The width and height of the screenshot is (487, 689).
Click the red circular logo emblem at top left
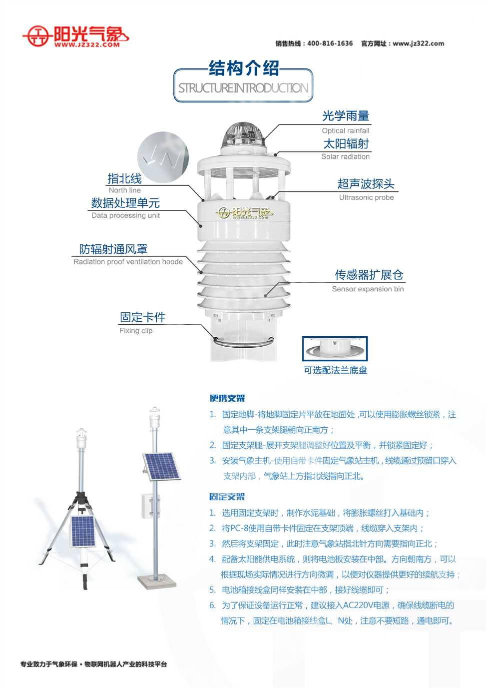(37, 36)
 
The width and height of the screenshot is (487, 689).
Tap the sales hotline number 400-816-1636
(330, 43)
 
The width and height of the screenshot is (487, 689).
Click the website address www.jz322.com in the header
(419, 43)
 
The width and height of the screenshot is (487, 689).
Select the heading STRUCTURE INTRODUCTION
(243, 88)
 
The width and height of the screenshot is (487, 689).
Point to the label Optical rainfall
(346, 131)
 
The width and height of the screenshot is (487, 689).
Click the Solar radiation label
(345, 156)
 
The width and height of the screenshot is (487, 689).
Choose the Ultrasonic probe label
(366, 197)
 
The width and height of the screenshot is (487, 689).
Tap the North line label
(124, 190)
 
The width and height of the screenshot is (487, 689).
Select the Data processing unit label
(125, 215)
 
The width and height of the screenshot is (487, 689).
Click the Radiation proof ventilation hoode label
(128, 262)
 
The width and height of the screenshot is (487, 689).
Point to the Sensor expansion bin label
(368, 289)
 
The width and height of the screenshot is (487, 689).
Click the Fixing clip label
(136, 331)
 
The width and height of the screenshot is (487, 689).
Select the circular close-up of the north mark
(163, 157)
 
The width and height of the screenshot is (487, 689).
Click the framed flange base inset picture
(335, 349)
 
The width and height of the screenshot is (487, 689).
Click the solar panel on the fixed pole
(161, 467)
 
